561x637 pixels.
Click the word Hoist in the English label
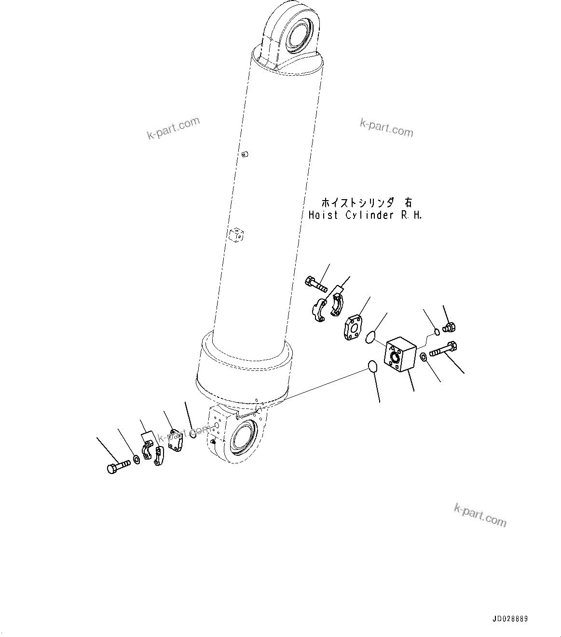tap(323, 215)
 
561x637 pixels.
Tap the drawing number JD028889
tap(510, 619)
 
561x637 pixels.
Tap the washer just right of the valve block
tap(423, 356)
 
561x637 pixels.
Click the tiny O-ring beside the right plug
tap(437, 332)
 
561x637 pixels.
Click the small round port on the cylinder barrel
tap(245, 155)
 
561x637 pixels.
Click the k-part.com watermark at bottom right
tap(480, 515)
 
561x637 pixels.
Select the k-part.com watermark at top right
tap(386, 128)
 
